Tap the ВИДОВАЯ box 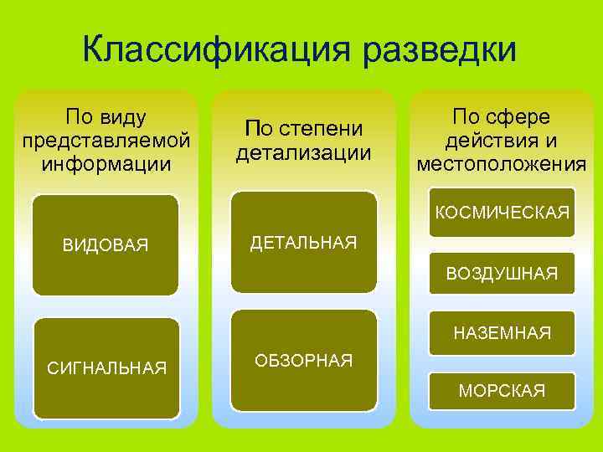point(106,245)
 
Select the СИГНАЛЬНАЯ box point(106,367)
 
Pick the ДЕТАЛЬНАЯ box point(303,243)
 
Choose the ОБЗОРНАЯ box point(303,360)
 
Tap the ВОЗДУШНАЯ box point(502,273)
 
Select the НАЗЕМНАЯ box point(502,334)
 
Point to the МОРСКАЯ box point(502,390)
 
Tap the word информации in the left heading point(106,160)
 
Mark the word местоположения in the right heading point(502,162)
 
